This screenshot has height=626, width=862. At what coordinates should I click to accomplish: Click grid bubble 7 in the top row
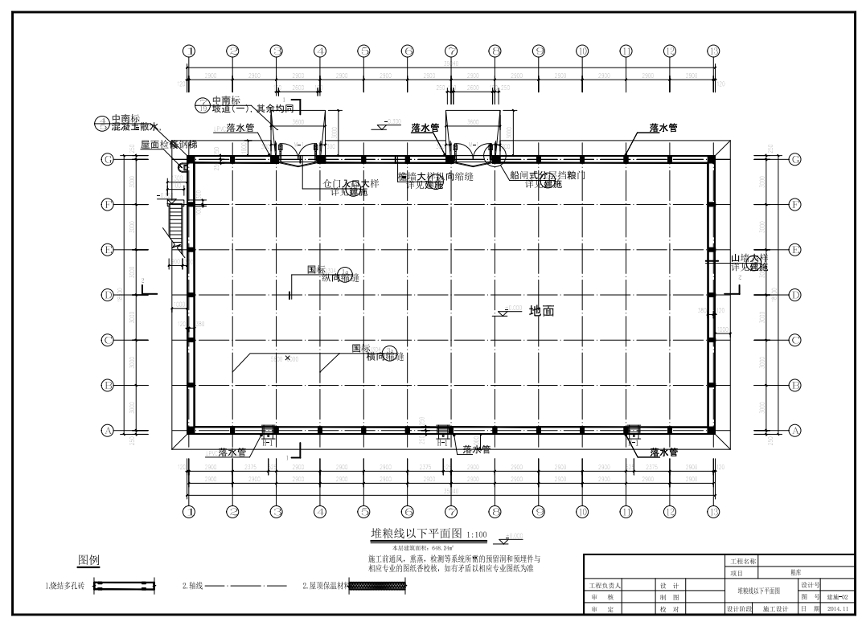451,51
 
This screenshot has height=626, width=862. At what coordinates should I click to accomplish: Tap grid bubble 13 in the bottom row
713,512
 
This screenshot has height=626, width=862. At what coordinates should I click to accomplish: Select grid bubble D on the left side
107,295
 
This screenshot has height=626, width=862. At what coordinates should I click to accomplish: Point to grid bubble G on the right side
794,159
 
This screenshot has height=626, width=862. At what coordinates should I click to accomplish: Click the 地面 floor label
542,311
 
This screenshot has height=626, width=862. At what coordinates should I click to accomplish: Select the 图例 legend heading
88,560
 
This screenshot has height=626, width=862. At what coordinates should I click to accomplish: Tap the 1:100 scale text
477,535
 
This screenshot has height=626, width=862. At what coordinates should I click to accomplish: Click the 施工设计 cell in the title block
777,608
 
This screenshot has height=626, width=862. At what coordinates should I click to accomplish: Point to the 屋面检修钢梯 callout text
168,145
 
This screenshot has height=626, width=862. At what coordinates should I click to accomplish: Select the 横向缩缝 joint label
384,356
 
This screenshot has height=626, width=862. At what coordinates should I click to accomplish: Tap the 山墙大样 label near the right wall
749,258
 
